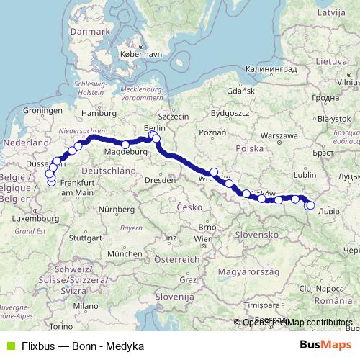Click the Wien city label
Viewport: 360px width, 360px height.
204,238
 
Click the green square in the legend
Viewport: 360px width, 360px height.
9,346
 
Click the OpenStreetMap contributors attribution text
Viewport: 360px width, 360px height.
297,323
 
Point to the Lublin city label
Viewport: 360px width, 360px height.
305,174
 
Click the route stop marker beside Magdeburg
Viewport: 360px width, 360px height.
125,145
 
